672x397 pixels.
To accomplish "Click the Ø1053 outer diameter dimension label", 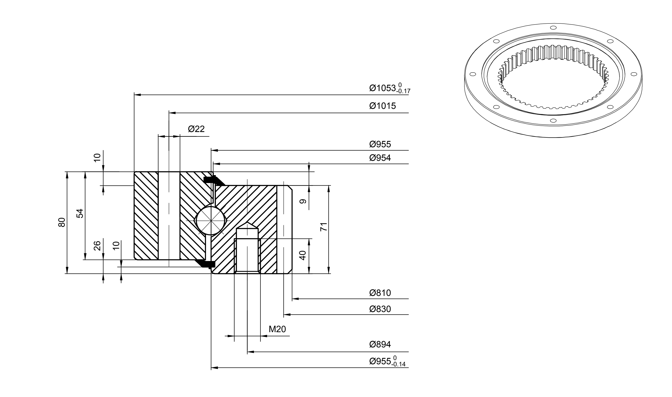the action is (389, 88).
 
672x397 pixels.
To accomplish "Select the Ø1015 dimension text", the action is (382, 106).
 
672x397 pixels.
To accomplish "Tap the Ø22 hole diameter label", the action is (196, 129).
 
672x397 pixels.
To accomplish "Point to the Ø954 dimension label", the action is (380, 158).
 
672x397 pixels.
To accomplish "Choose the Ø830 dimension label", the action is (380, 309).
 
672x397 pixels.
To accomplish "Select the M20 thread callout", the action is (277, 329).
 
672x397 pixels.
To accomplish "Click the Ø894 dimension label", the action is (380, 344).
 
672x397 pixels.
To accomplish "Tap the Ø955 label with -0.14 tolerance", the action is (387, 361).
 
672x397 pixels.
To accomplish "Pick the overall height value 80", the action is (62, 222).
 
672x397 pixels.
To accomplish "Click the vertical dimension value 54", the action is (80, 213).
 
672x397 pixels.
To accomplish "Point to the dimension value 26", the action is (97, 246).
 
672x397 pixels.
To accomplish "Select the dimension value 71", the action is (324, 227).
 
